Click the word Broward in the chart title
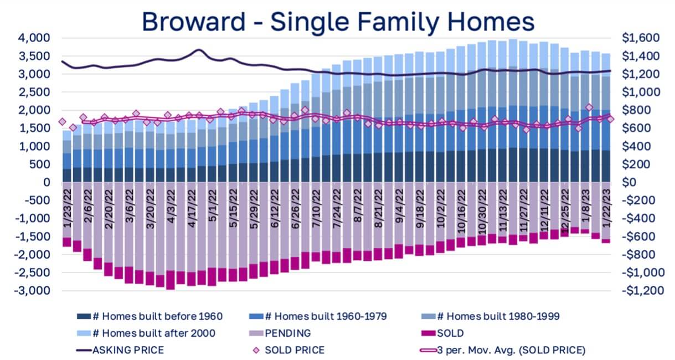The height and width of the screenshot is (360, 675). tap(194, 22)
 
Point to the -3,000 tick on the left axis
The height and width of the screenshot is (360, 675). tap(32, 291)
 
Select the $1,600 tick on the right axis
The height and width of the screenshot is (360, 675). tap(641, 38)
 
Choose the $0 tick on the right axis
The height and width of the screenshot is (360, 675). tap(629, 182)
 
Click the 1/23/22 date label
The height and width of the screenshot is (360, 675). tap(68, 208)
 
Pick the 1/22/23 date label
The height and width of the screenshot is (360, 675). tap(606, 208)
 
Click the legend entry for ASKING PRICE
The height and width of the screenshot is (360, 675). tap(120, 351)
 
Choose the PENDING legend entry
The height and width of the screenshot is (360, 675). tap(280, 333)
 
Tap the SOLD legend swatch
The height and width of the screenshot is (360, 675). tap(428, 333)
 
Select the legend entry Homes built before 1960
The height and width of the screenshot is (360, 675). tap(150, 317)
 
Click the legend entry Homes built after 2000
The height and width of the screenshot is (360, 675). tap(146, 333)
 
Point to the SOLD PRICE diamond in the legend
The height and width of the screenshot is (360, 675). tap(256, 351)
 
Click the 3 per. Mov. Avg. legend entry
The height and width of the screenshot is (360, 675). tap(502, 351)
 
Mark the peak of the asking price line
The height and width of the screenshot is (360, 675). tap(199, 49)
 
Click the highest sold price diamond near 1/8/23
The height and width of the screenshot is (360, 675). tap(589, 107)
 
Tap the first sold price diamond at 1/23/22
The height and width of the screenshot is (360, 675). tap(63, 122)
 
